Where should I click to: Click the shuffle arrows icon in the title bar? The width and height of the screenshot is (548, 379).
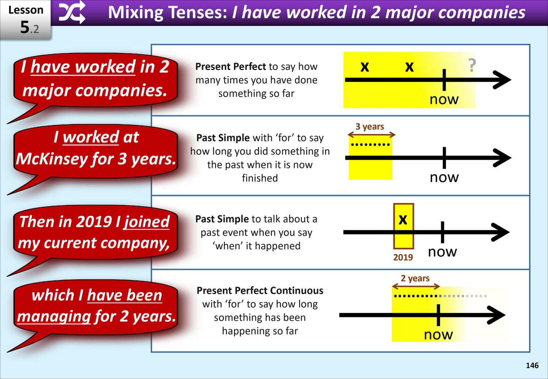(x=72, y=12)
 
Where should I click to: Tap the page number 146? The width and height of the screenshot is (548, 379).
(x=532, y=365)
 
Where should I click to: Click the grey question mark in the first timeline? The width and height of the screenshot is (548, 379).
(x=472, y=65)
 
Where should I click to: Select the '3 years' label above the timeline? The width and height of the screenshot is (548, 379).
(x=370, y=126)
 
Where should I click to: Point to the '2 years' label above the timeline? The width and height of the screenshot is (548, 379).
(x=415, y=278)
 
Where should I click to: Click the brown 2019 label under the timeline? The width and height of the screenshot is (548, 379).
(x=403, y=257)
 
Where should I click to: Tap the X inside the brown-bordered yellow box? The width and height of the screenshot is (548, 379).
(x=403, y=219)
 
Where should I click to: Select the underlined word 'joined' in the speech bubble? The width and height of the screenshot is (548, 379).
(x=146, y=222)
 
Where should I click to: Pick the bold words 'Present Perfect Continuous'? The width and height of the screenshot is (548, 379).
(x=260, y=291)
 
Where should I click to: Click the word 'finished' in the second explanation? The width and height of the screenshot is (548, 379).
(x=260, y=178)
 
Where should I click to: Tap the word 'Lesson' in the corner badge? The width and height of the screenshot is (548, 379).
(x=26, y=10)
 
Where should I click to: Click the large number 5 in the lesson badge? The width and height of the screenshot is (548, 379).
(x=25, y=27)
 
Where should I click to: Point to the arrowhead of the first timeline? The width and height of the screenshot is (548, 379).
(x=502, y=80)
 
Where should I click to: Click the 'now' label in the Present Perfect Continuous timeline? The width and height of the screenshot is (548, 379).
(x=438, y=335)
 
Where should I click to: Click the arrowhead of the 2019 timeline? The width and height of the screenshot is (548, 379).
(x=500, y=232)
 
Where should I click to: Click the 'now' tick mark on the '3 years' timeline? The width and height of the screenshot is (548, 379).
(x=444, y=158)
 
